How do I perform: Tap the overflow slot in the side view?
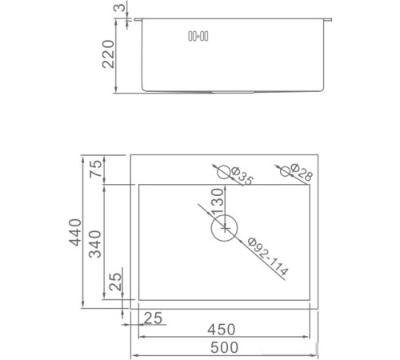coord(198,35)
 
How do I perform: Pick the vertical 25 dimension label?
coord(116,282)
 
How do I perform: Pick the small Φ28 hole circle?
coord(285,170)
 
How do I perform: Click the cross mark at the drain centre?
coord(226,229)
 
